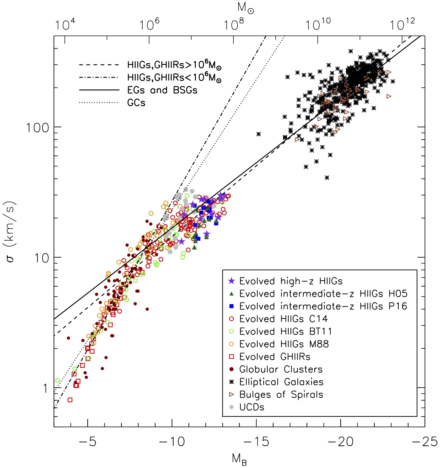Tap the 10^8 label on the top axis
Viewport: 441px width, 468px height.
click(234, 25)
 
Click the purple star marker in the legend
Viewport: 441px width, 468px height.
click(231, 281)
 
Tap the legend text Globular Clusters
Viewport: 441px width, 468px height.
click(281, 369)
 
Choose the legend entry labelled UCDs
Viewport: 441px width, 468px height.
click(252, 407)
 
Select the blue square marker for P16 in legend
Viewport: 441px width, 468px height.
click(231, 306)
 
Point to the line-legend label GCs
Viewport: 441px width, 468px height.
click(136, 103)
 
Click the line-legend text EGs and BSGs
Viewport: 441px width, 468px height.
click(162, 90)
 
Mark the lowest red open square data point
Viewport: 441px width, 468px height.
click(70, 400)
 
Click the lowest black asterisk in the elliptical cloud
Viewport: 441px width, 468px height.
click(327, 178)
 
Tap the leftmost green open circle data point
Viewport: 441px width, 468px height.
click(58, 380)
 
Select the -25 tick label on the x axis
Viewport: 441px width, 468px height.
click(425, 442)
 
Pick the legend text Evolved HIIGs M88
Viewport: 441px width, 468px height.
click(284, 344)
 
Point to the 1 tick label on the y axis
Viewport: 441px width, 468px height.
click(45, 389)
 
